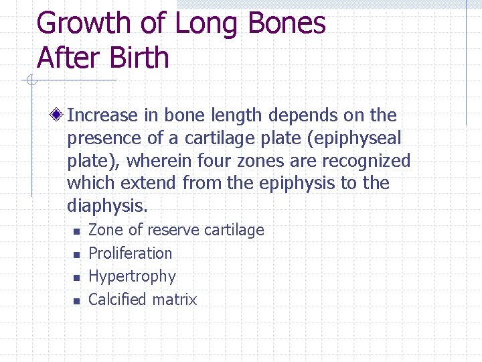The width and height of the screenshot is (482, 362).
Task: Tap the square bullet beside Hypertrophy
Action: [76, 278]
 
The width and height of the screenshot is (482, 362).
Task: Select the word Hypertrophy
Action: [132, 277]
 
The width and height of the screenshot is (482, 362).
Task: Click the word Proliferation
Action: [130, 253]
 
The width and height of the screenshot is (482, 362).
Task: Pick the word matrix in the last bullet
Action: [175, 300]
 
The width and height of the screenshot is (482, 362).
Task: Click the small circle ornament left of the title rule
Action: [31, 81]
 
